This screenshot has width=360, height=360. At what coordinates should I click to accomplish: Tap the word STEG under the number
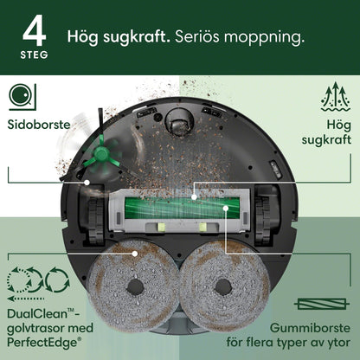[x=32, y=54]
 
